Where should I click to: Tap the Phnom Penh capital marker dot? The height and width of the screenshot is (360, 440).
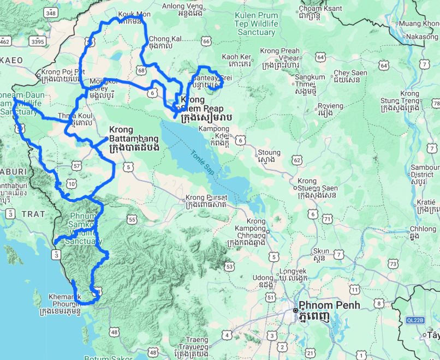(296, 310)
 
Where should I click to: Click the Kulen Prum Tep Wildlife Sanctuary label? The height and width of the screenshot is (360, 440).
(256, 24)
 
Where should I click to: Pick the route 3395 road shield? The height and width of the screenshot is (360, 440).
(38, 41)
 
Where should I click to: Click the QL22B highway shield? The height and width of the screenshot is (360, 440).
(415, 320)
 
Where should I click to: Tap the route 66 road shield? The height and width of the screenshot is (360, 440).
(205, 41)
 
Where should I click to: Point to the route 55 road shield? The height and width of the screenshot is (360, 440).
(132, 219)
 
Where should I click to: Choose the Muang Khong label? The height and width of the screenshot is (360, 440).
(419, 23)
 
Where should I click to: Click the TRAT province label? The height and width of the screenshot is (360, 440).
(33, 214)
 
